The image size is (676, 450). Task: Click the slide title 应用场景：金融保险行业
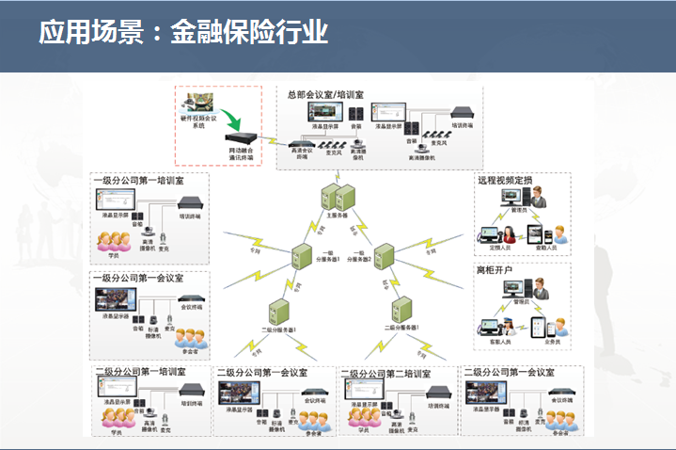pos(183,32)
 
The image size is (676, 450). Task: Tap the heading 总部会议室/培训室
pos(326,94)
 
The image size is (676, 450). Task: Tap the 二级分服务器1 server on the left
pos(277,311)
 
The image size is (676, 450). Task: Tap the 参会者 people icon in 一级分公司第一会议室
pos(191,337)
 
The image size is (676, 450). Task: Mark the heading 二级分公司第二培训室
pos(387,374)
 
